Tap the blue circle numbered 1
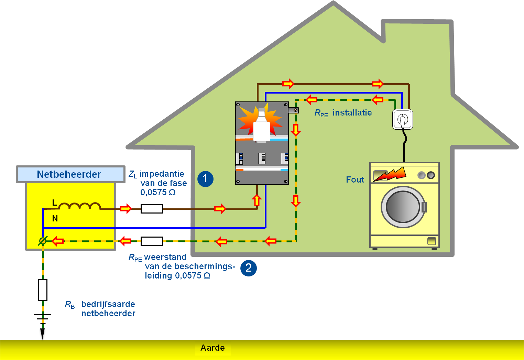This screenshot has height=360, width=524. pos(205,179)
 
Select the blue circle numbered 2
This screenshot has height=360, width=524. pos(248,268)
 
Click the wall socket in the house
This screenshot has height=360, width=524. pos(403,119)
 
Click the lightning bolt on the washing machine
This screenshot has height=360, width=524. pos(390,174)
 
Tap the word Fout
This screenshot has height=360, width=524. pos(355,179)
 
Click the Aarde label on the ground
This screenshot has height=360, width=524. pos(212,348)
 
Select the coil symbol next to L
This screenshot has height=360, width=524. pos(79,206)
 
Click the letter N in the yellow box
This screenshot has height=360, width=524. pos(55,218)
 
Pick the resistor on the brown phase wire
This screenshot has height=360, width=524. pos(152,208)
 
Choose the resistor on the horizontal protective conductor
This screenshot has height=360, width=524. pos(152,241)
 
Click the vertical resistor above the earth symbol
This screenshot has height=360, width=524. pos(43,290)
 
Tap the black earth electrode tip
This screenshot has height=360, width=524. pos(43,334)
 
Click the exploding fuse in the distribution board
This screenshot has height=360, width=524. pos(261,126)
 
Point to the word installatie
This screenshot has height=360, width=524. pos(352,113)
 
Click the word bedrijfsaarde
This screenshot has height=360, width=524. pos(108,304)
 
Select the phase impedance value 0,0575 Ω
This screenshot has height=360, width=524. pos(158,193)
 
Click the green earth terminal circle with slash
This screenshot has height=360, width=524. pos(43,241)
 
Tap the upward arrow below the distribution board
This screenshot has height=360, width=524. pos(256,200)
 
